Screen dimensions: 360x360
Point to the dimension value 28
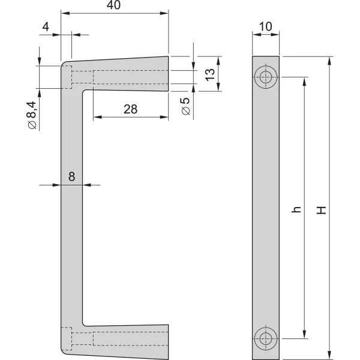click(130, 109)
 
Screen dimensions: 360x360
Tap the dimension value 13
click(209, 74)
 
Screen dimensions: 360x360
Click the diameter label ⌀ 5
click(185, 107)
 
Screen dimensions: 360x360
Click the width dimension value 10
click(265, 26)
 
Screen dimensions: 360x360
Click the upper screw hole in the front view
click(265, 77)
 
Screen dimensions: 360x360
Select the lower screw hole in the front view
click(265, 338)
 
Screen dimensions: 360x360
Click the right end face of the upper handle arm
click(168, 73)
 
